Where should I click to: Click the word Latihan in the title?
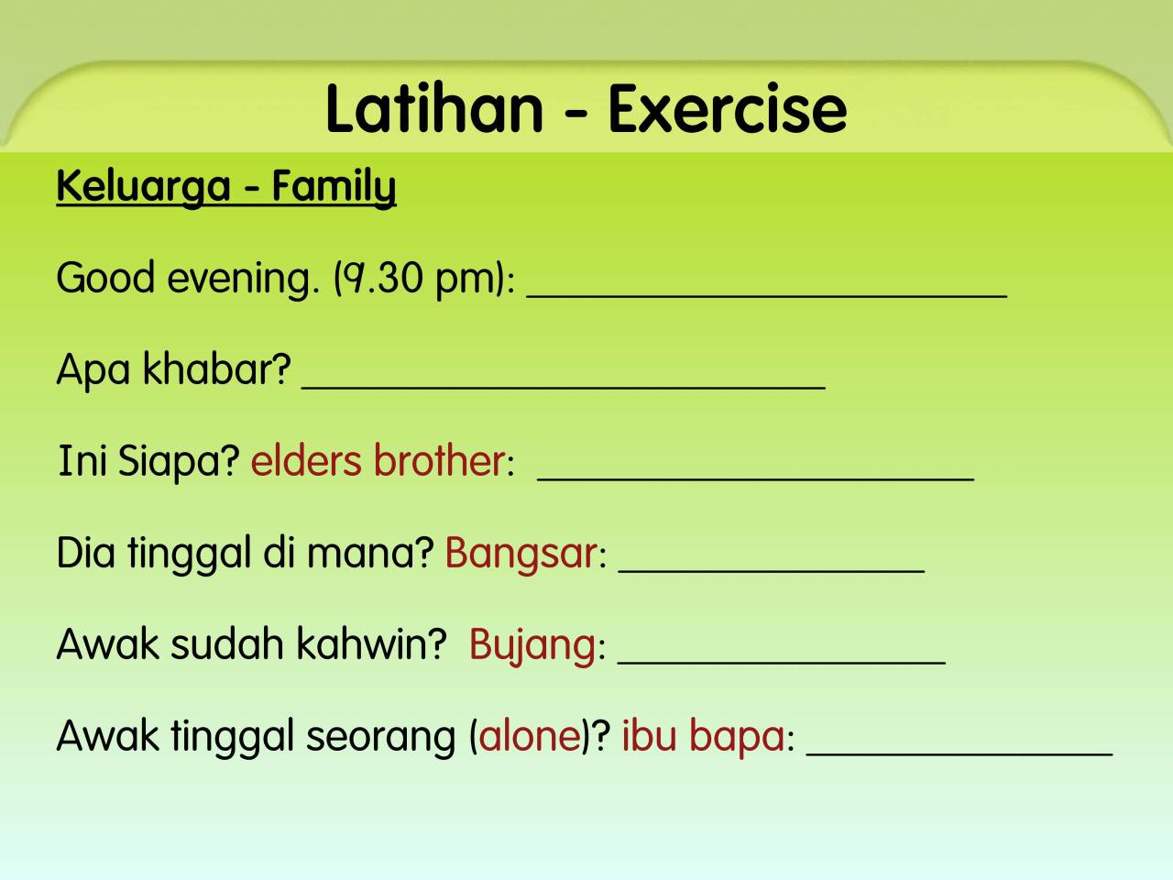tap(434, 109)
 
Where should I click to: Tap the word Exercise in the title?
tap(728, 109)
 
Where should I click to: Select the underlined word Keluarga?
tap(143, 187)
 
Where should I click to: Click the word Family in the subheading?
tap(334, 187)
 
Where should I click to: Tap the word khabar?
tap(216, 369)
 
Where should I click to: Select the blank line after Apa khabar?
tap(564, 388)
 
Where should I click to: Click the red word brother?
tap(439, 460)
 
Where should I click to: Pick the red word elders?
tap(306, 460)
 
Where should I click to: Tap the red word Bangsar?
tap(521, 554)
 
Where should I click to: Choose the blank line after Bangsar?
tap(772, 572)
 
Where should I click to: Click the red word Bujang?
tap(532, 646)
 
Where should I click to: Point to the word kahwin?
tap(371, 645)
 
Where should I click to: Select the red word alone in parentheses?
tap(530, 737)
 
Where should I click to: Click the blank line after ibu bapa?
tap(959, 754)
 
